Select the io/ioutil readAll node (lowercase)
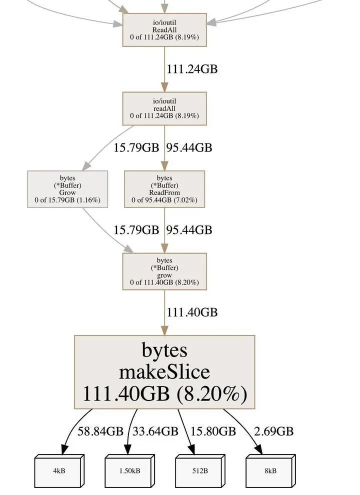(x=164, y=108)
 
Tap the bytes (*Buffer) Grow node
(x=67, y=189)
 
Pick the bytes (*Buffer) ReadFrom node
(x=164, y=189)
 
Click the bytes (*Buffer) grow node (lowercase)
(x=164, y=271)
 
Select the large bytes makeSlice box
(x=164, y=372)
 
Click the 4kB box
(x=58, y=471)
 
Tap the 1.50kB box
(x=128, y=471)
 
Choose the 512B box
(x=199, y=471)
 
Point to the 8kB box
(x=269, y=471)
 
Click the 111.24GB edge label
(x=192, y=69)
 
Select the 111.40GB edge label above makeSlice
(x=192, y=312)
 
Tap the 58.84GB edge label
(x=100, y=431)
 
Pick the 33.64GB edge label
(x=155, y=431)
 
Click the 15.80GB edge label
(x=213, y=431)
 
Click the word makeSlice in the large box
(x=164, y=372)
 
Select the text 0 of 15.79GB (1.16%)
(x=67, y=200)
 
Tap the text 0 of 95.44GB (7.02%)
(x=164, y=200)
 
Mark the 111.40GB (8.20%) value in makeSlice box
(x=164, y=394)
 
